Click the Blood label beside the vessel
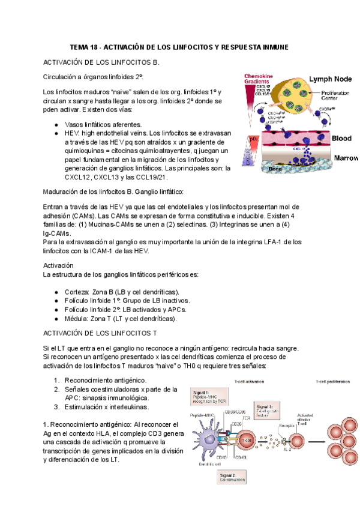click(x=341, y=138)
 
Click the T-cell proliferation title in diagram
click(x=328, y=382)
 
